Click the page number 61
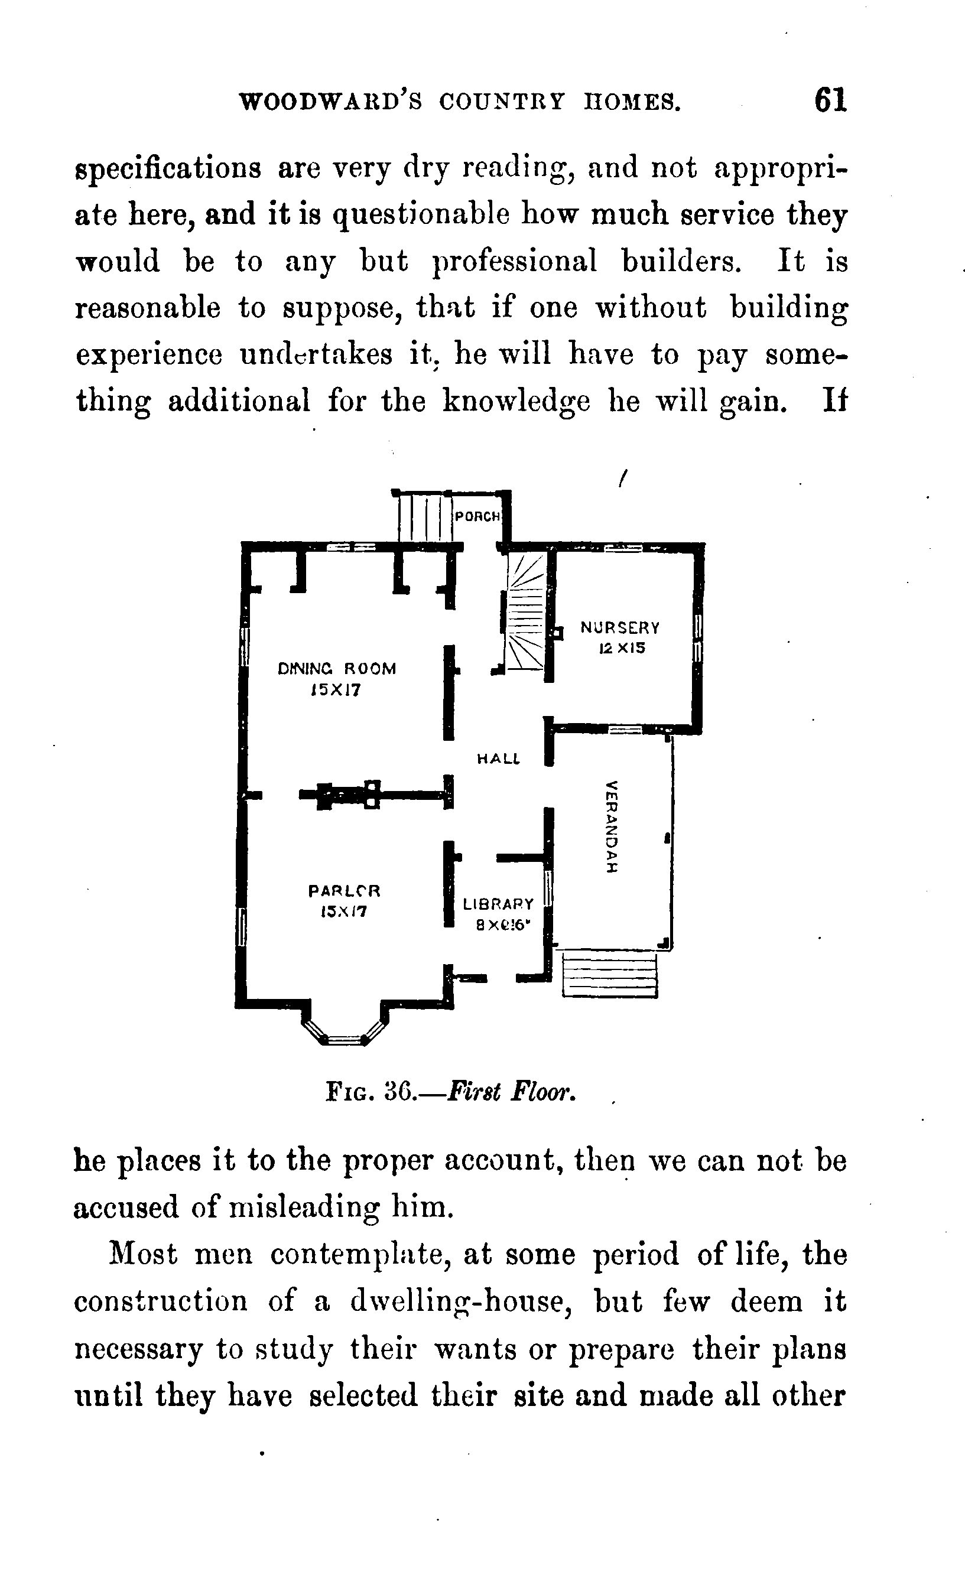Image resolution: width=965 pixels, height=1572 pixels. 830,101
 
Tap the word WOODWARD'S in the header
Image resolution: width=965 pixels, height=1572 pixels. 330,102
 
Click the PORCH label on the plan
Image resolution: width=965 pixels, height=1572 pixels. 477,516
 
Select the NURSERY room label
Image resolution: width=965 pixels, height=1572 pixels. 620,628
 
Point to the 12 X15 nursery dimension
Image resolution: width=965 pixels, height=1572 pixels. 622,649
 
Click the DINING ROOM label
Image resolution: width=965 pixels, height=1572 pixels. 337,669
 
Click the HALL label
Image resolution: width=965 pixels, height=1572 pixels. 499,759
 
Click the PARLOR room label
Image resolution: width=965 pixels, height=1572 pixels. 344,890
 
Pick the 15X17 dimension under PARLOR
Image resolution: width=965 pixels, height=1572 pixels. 344,912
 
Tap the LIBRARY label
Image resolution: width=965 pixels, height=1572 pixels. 498,904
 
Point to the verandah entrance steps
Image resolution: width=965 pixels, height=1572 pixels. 609,974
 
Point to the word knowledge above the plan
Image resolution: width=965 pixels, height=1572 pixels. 516,402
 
